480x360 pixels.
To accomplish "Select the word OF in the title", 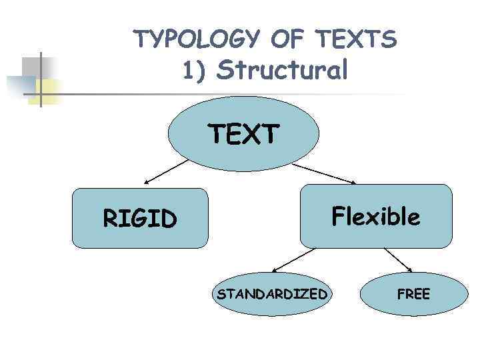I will click(x=292, y=40).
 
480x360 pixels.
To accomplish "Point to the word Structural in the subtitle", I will click(x=282, y=70).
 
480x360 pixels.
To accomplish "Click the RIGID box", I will click(x=140, y=218).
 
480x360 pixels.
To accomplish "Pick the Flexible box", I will click(x=376, y=216).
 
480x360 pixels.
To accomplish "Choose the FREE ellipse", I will click(x=413, y=294).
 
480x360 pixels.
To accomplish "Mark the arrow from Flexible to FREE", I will click(x=398, y=260).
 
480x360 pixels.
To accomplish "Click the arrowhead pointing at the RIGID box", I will click(x=147, y=181).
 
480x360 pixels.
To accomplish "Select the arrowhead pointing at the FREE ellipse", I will click(x=409, y=269).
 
